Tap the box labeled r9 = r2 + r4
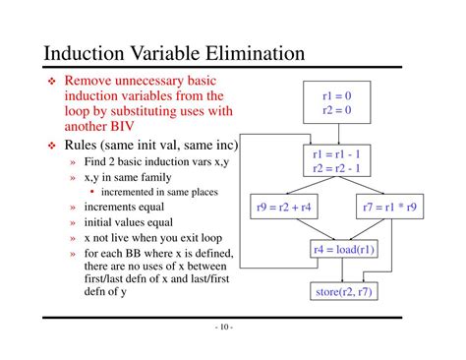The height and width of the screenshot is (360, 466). [285, 209]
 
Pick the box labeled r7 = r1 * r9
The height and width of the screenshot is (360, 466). [389, 209]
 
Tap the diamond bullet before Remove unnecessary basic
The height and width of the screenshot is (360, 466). [53, 81]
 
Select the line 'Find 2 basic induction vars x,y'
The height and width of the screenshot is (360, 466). [157, 162]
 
